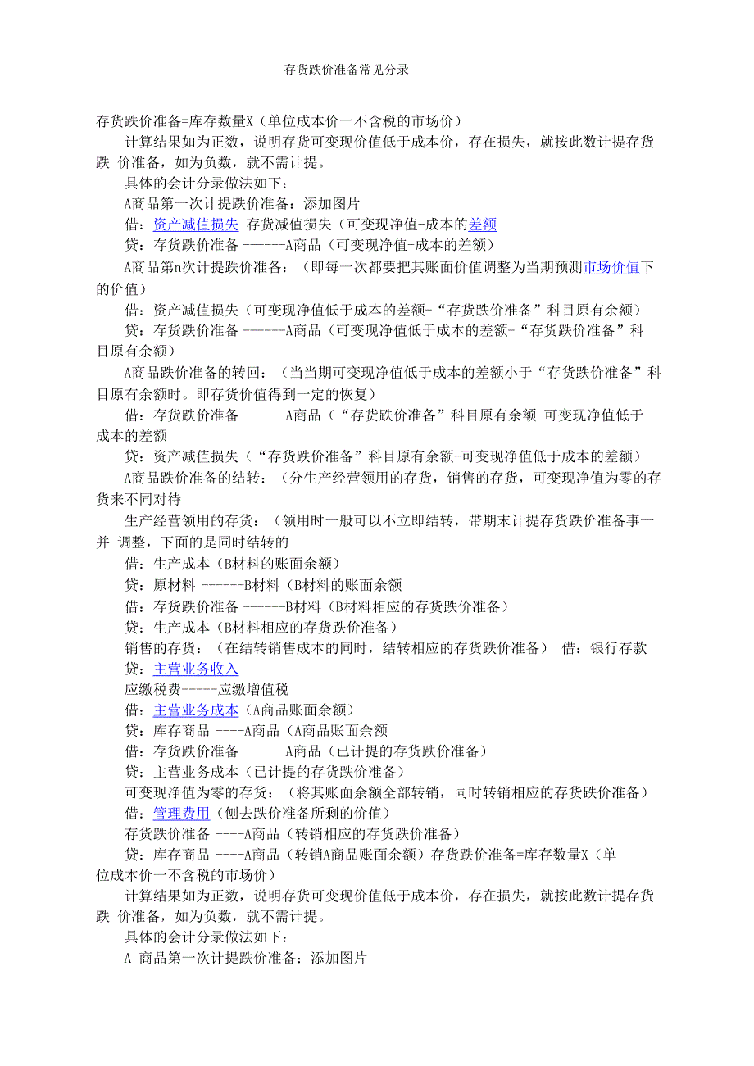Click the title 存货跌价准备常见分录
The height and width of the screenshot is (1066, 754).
(x=347, y=70)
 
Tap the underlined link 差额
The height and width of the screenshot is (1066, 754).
(x=482, y=225)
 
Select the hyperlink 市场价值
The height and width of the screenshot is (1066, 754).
(x=611, y=267)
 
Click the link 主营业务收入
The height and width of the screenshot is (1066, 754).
(x=196, y=669)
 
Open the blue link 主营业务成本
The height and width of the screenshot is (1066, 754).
(x=196, y=710)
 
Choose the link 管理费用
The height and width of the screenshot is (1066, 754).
(x=182, y=814)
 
